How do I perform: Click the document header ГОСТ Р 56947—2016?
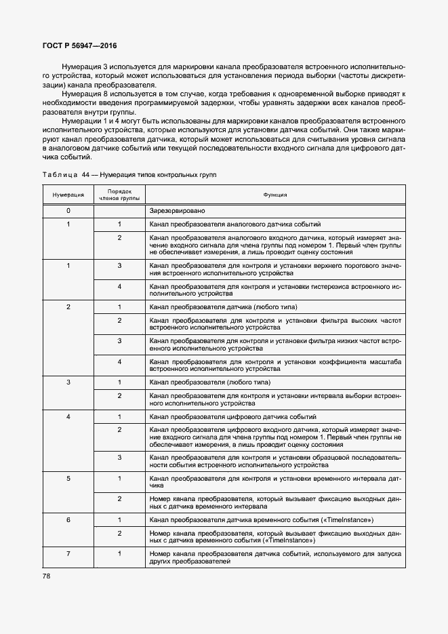pyautogui.click(x=79, y=46)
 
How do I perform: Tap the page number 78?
pyautogui.click(x=47, y=576)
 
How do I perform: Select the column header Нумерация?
pyautogui.click(x=68, y=195)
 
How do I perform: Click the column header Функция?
pyautogui.click(x=274, y=195)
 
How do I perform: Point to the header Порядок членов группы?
pyautogui.click(x=119, y=195)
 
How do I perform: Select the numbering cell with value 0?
pyautogui.click(x=68, y=211)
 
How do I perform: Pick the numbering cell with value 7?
pyautogui.click(x=68, y=554)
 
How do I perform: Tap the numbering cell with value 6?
pyautogui.click(x=68, y=519)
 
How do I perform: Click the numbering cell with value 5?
pyautogui.click(x=68, y=479)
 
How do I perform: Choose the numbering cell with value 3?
pyautogui.click(x=68, y=382)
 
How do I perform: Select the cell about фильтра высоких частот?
pyautogui.click(x=274, y=323)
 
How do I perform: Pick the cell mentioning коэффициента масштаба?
pyautogui.click(x=274, y=365)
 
